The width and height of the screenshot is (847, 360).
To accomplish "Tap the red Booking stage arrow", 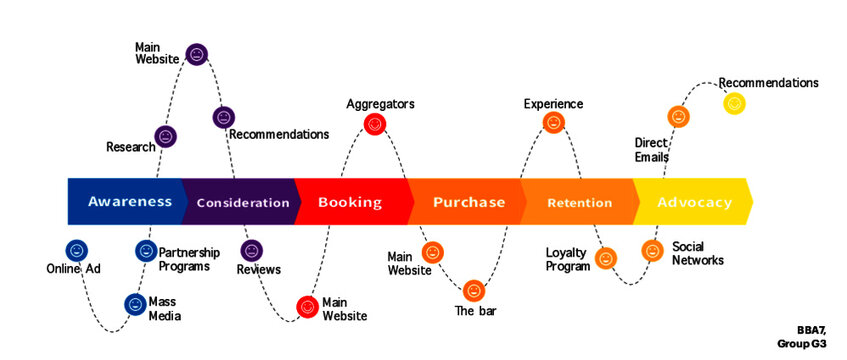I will (350, 202).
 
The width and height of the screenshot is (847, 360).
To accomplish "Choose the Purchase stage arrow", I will (468, 202).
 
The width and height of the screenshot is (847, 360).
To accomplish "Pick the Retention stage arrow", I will (580, 202).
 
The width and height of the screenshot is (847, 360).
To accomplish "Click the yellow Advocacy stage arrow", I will (694, 202).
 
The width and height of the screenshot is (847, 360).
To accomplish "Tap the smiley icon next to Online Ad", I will (76, 250).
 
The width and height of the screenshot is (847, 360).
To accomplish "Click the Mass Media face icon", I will (135, 304).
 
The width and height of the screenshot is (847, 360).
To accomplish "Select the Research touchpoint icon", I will (166, 137).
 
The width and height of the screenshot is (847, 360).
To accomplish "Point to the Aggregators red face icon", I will (375, 125).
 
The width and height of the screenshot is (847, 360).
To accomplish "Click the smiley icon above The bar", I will (474, 291).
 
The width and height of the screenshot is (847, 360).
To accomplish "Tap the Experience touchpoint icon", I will (553, 123).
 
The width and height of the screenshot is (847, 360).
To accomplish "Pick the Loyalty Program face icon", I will (605, 259).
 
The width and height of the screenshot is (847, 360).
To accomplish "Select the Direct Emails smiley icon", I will (678, 117).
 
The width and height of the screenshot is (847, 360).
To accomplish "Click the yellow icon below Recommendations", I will (734, 102).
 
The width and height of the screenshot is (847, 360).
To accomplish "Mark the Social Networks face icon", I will (652, 251).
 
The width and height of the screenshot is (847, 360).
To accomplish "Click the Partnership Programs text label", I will (184, 259).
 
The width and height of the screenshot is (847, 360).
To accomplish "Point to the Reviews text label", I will (258, 269).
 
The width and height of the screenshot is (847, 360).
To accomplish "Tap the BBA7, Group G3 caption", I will (802, 335).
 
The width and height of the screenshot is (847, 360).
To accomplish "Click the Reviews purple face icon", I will (252, 250).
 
